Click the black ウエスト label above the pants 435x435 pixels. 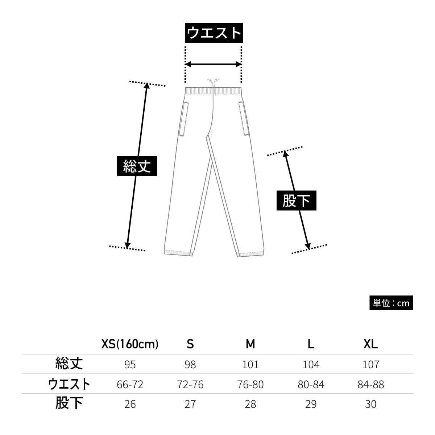coord(214,33)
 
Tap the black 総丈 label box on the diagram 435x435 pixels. coord(137,166)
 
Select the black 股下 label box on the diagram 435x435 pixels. coord(296,200)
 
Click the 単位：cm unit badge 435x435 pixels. coord(391,303)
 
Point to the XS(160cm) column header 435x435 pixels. coord(130,344)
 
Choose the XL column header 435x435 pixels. coord(370,344)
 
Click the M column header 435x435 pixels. coord(250,344)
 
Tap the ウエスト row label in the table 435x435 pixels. coord(69,384)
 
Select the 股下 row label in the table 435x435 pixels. coord(69,403)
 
